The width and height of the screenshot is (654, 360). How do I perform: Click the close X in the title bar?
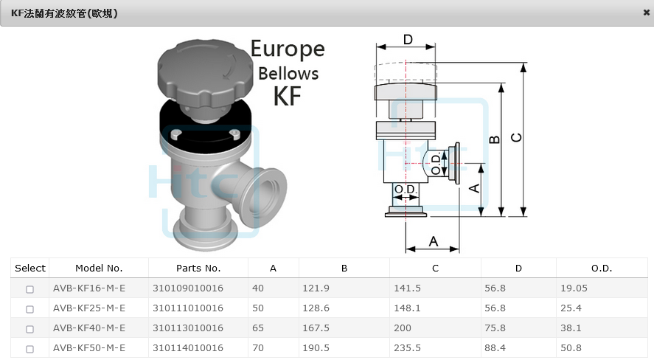tap(646, 13)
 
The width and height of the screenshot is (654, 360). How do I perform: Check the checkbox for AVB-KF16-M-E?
tap(29, 289)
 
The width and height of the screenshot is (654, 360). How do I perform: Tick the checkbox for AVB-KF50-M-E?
tap(29, 349)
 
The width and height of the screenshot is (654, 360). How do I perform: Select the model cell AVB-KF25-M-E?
tap(88, 308)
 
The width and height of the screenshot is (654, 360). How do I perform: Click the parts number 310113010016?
tap(188, 328)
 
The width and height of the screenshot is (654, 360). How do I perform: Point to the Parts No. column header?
tap(198, 269)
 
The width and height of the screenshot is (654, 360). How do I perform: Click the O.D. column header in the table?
tap(602, 269)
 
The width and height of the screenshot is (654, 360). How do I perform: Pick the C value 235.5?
tap(407, 348)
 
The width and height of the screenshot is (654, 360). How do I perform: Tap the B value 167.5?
tap(316, 328)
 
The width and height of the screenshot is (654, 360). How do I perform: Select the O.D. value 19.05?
tap(574, 288)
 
